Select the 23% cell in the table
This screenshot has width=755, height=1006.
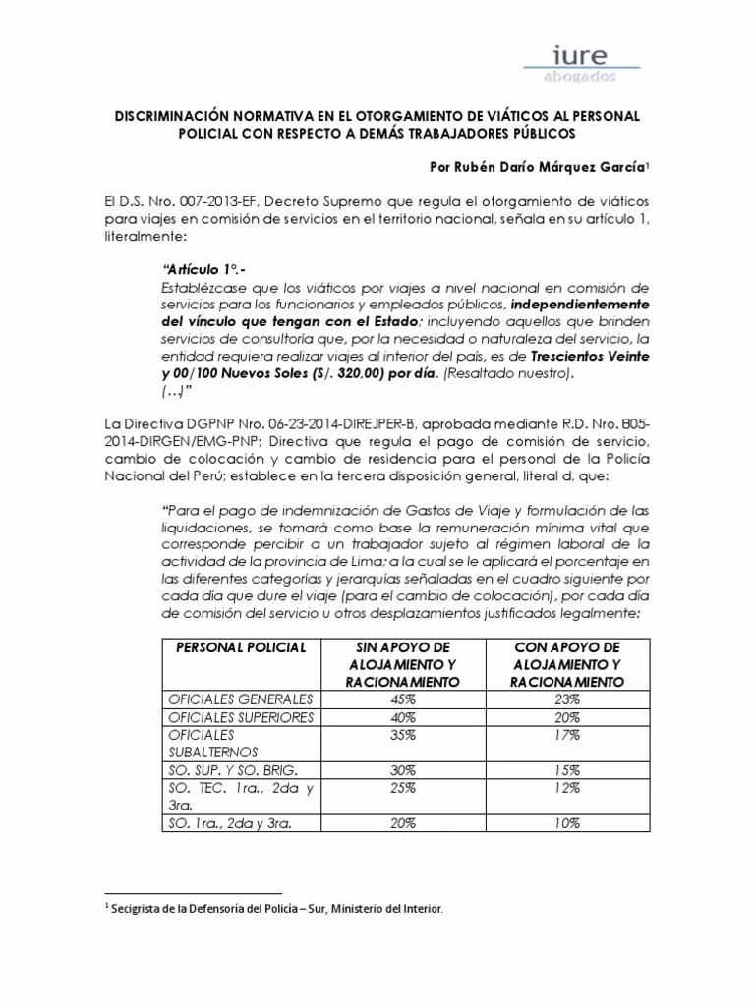pyautogui.click(x=564, y=699)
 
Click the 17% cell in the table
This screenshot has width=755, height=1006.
pyautogui.click(x=564, y=735)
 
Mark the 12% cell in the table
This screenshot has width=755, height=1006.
pyautogui.click(x=564, y=789)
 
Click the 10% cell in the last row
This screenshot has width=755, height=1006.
pyautogui.click(x=564, y=824)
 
